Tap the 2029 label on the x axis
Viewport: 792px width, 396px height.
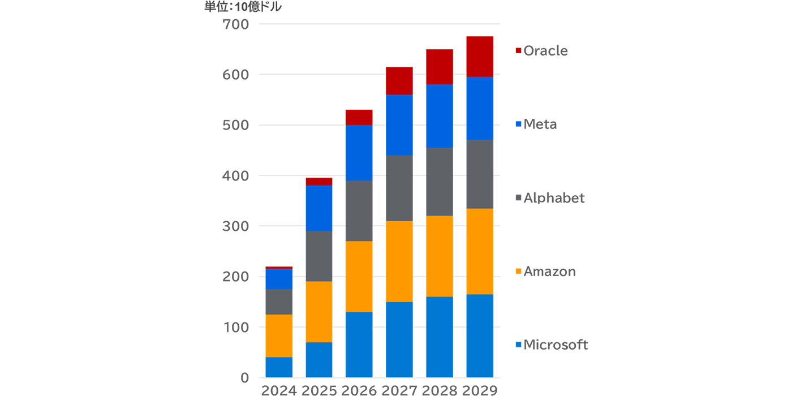479,390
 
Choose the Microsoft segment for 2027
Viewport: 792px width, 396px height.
398,339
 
